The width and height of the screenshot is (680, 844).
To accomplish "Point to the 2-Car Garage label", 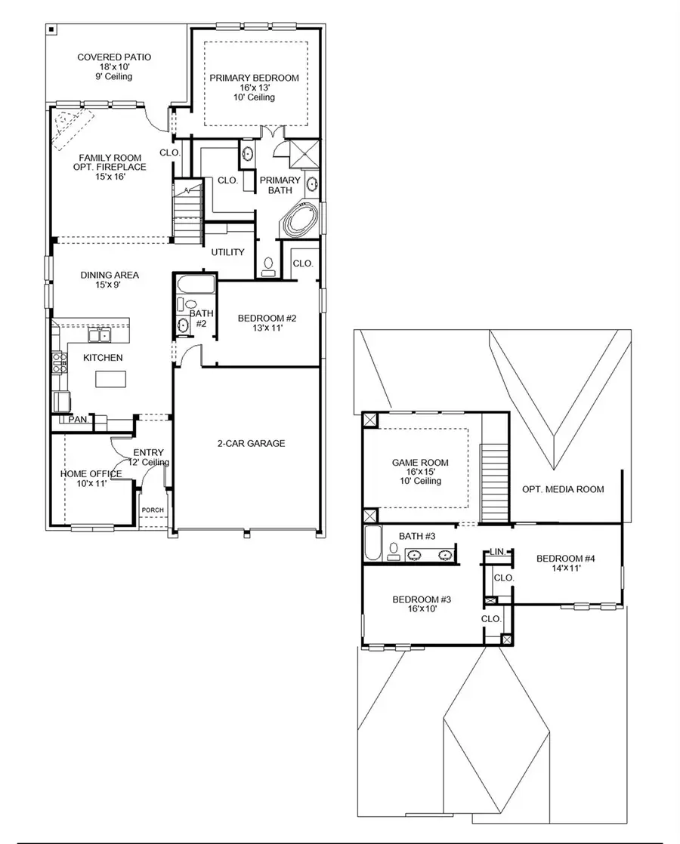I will point(248,443).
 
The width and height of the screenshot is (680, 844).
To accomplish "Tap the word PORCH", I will point(153,510).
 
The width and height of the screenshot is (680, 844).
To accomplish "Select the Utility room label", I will point(227,252).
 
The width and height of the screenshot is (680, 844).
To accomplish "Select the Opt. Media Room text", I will point(563,489).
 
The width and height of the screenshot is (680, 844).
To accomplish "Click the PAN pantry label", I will point(78,419).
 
